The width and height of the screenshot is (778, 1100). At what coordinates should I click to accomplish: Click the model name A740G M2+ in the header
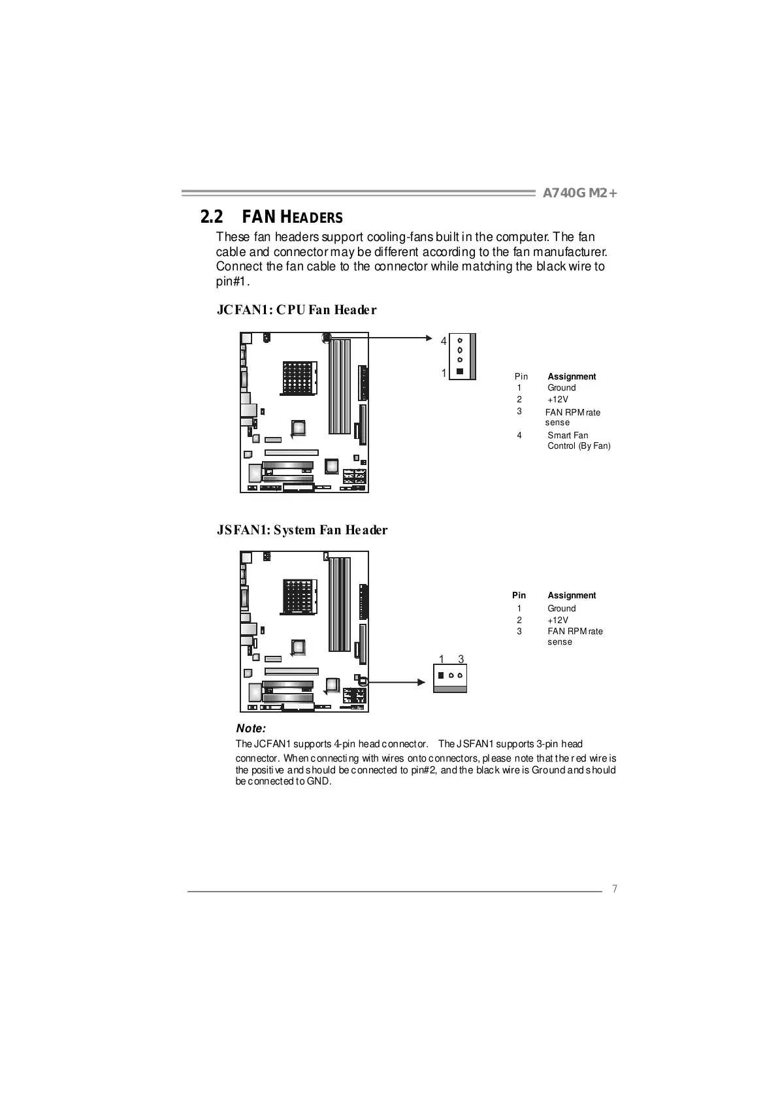579,193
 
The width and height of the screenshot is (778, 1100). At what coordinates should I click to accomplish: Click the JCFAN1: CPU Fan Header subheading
297,310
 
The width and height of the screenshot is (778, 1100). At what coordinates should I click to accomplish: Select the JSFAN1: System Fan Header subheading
302,530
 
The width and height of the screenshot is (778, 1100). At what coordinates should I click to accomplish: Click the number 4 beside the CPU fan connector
444,341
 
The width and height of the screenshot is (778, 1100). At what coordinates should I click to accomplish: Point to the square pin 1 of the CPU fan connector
460,372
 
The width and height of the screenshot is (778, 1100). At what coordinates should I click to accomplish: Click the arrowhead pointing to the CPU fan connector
429,338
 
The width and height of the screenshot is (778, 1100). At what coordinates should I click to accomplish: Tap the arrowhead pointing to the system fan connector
421,683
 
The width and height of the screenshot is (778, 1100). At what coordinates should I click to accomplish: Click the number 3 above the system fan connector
461,659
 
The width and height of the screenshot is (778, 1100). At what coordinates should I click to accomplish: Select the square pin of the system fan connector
442,675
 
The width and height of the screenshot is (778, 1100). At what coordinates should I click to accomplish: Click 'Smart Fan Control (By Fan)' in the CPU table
578,440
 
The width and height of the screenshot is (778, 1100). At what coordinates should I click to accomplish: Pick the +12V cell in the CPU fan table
558,399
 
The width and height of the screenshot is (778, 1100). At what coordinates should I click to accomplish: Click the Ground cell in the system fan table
561,608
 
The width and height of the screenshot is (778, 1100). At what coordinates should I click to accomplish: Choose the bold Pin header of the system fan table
519,595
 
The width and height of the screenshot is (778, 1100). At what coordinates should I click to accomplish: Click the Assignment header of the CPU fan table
572,376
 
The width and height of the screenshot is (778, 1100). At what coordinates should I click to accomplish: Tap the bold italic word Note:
251,728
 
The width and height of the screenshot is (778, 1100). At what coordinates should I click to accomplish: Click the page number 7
614,888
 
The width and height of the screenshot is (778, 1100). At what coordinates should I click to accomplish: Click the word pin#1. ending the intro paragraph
233,281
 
